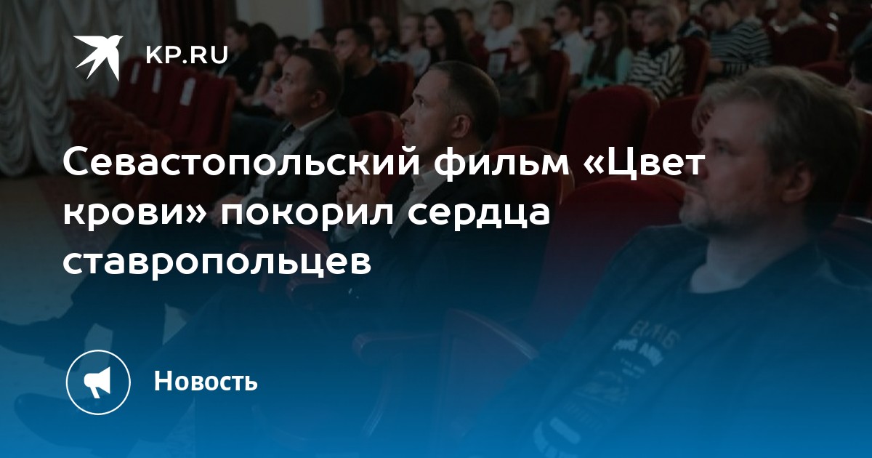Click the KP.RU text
(x=187, y=55)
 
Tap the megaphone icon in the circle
(x=97, y=382)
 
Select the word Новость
(x=206, y=380)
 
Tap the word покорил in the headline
(x=307, y=214)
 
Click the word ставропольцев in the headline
(x=217, y=262)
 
